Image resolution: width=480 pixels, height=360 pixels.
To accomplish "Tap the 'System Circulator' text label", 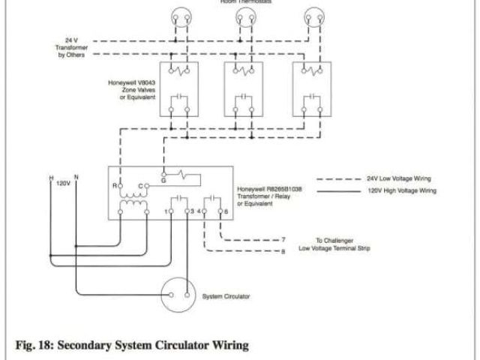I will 227,296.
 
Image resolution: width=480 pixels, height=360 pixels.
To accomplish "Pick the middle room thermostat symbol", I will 244,16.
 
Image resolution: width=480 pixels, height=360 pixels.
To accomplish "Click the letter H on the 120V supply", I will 51,178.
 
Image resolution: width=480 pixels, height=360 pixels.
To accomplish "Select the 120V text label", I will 63,183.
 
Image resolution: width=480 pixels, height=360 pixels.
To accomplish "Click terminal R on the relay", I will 115,184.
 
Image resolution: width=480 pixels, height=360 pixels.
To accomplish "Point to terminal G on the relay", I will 163,180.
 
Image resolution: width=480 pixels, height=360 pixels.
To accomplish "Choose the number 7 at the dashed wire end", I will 283,239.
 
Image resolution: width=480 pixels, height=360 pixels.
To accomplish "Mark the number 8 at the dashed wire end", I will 283,250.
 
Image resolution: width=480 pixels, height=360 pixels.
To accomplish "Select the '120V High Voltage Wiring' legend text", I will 400,191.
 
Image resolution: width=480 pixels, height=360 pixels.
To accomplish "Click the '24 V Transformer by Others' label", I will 70,46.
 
